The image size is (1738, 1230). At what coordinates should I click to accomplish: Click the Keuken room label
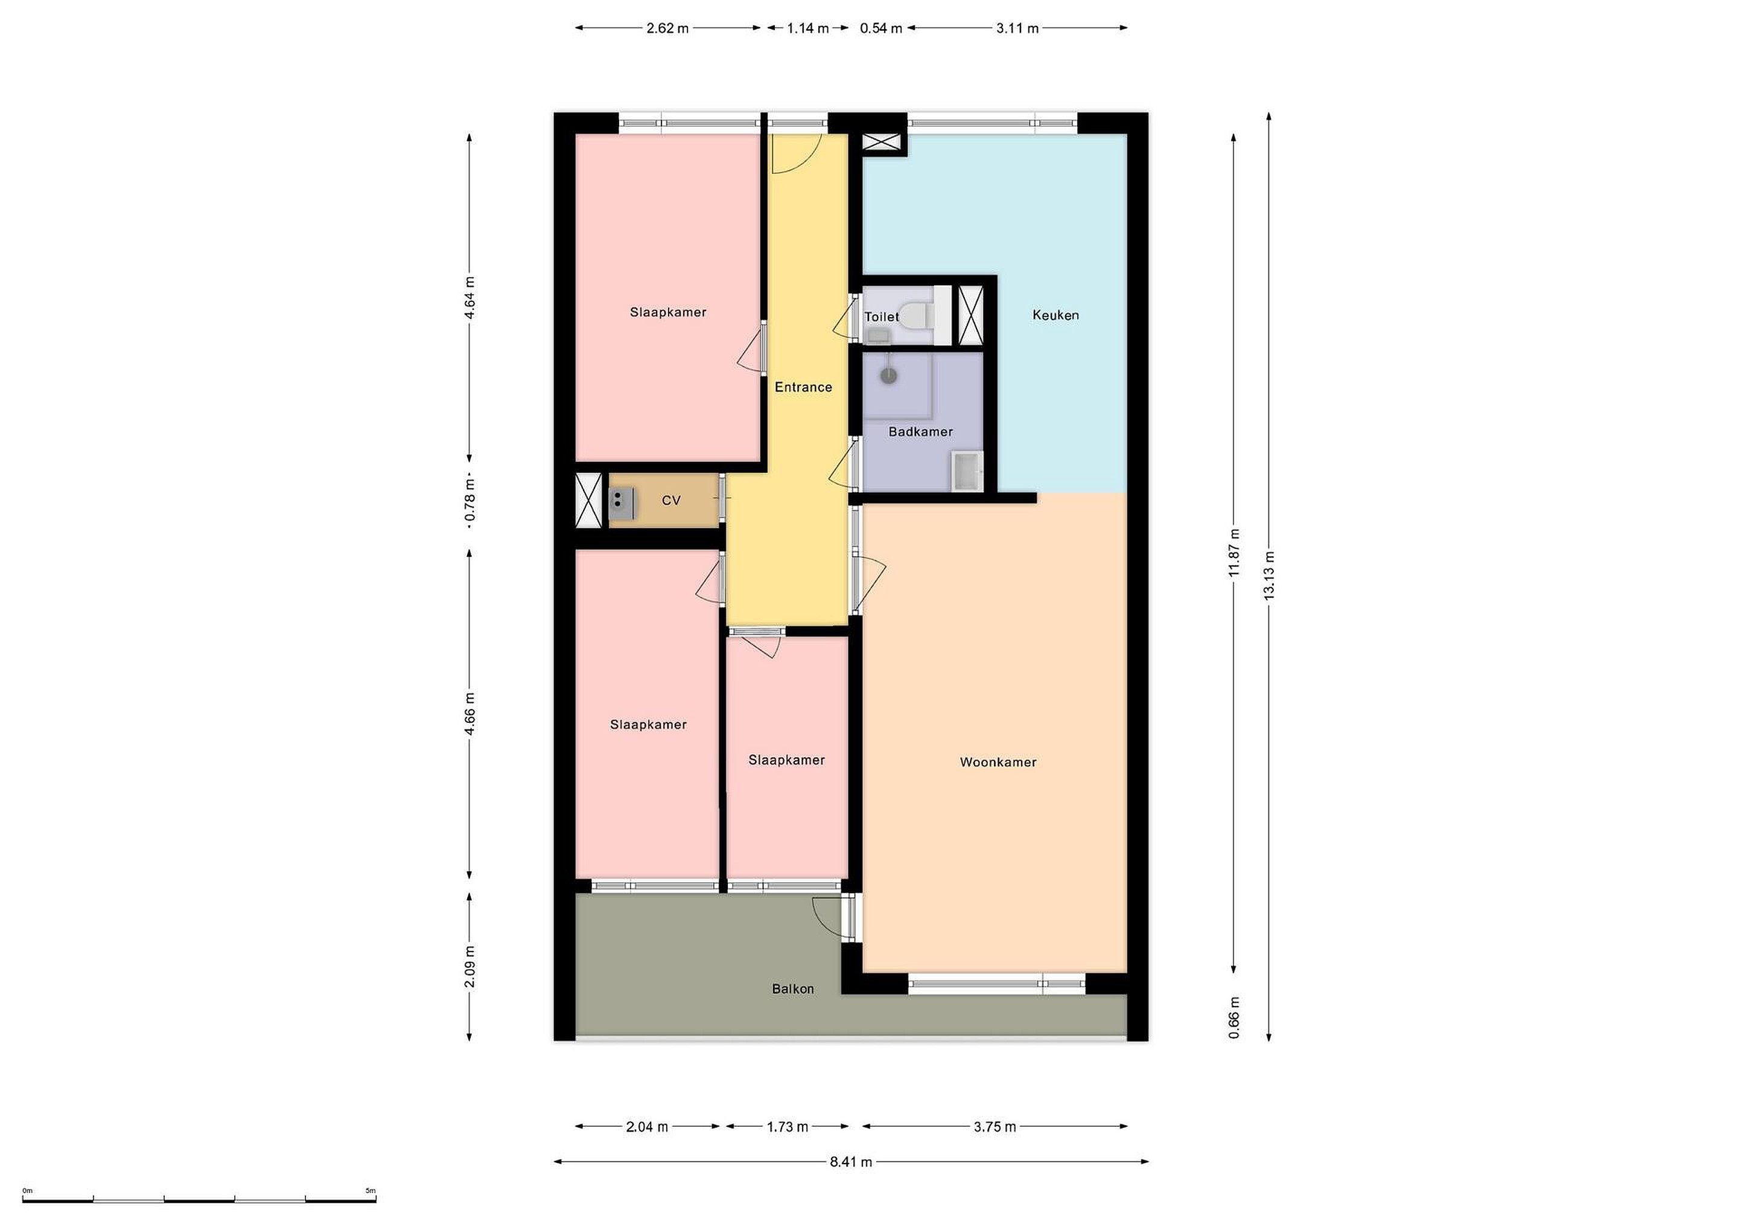pyautogui.click(x=1055, y=315)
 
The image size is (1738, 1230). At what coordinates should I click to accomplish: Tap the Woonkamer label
pyautogui.click(x=998, y=762)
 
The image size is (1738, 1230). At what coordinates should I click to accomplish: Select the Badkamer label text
pyautogui.click(x=920, y=432)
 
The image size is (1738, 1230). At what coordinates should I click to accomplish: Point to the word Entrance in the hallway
pyautogui.click(x=803, y=387)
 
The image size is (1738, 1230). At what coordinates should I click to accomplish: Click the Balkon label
pyautogui.click(x=792, y=988)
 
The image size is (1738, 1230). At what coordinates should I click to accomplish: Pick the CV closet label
pyautogui.click(x=670, y=501)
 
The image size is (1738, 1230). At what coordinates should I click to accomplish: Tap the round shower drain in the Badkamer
pyautogui.click(x=889, y=376)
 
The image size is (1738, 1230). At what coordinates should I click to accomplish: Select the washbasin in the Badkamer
pyautogui.click(x=967, y=471)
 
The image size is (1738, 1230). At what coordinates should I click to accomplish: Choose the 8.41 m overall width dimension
pyautogui.click(x=851, y=1162)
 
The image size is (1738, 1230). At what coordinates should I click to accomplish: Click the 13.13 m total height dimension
pyautogui.click(x=1268, y=575)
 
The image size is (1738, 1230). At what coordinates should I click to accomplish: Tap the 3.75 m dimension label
pyautogui.click(x=995, y=1127)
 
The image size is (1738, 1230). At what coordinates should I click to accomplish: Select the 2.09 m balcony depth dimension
pyautogui.click(x=470, y=966)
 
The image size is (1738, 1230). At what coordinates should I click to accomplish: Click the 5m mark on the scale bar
pyautogui.click(x=370, y=1191)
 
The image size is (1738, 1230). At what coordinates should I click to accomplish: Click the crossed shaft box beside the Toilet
pyautogui.click(x=970, y=315)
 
